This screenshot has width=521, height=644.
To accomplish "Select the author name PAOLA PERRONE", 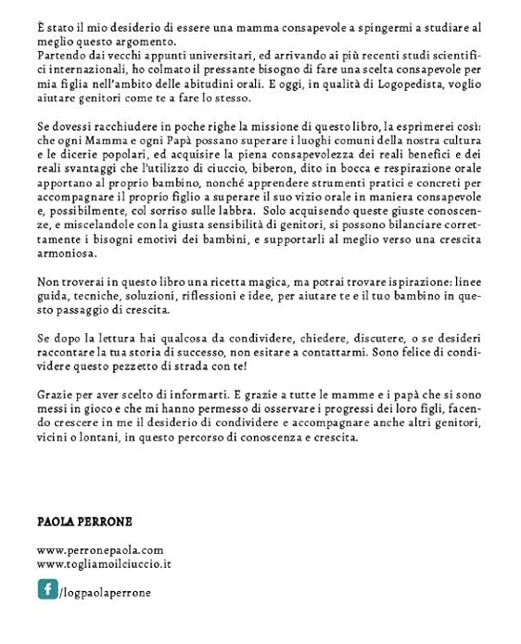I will point(84,522).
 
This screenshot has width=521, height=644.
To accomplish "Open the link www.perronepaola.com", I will point(100,550).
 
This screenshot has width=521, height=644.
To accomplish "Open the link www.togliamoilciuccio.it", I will point(104,563).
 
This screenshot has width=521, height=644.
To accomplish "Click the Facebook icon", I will point(47,589).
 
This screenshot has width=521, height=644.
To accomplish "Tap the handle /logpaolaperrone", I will point(105,592).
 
